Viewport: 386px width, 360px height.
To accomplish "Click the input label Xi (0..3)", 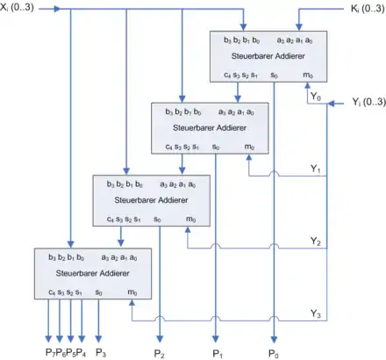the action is (x=17, y=7).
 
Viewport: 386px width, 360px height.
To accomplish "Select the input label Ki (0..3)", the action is (x=368, y=9).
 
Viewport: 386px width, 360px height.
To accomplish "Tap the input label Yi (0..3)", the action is (x=368, y=102).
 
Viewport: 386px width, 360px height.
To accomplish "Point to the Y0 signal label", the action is (x=316, y=97).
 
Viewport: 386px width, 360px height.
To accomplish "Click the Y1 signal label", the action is (x=316, y=169).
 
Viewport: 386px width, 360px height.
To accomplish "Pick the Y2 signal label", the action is (x=316, y=241).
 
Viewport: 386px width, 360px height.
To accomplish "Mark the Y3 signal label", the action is (x=316, y=313).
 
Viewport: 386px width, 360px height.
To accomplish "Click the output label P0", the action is (x=274, y=354).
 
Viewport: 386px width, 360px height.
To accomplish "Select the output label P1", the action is (x=218, y=354).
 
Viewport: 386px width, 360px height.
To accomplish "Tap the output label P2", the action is (x=159, y=354).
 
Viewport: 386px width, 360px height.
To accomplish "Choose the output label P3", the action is (x=101, y=353).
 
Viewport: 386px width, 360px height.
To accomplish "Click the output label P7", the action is (x=50, y=353).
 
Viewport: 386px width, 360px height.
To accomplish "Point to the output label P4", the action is (x=81, y=353).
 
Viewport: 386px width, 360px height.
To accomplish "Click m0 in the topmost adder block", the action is (x=308, y=76).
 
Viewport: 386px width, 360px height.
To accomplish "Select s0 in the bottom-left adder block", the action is (x=99, y=292).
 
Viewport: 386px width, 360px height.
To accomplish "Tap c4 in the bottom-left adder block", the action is (x=52, y=292).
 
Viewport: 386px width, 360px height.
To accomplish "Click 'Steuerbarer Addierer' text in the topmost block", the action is (x=268, y=56).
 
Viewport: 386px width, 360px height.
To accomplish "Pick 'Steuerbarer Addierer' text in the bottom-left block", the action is (x=93, y=273).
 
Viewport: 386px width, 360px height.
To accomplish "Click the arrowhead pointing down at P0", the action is (x=274, y=339).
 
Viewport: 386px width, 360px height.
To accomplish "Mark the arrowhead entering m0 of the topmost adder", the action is (x=307, y=85).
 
